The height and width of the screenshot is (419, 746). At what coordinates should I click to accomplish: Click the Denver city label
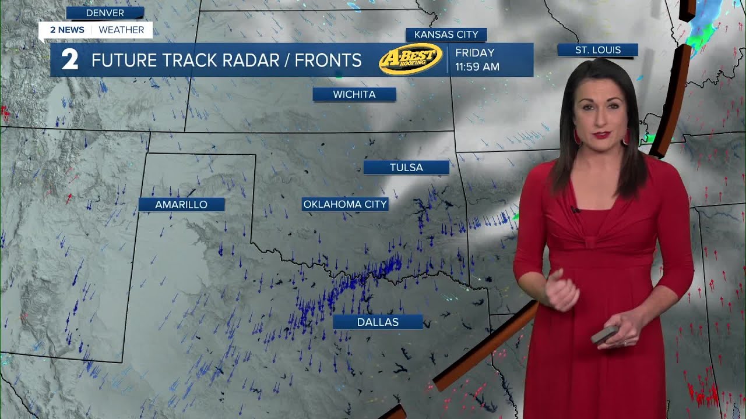[x=105, y=13]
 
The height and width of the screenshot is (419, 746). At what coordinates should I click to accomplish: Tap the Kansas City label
[x=446, y=35]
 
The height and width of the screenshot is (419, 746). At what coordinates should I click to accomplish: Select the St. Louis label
[x=598, y=50]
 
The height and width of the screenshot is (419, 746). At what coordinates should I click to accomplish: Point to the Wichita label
[x=354, y=94]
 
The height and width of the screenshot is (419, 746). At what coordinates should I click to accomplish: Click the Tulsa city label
[x=406, y=168]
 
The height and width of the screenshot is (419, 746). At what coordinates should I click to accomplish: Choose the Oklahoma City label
[x=345, y=204]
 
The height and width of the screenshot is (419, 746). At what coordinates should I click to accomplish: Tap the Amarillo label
[x=181, y=205]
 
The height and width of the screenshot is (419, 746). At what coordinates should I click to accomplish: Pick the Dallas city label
[x=378, y=322]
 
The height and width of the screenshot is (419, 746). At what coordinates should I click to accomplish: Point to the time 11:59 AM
[x=477, y=67]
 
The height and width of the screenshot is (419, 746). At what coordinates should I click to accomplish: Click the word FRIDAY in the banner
[x=474, y=53]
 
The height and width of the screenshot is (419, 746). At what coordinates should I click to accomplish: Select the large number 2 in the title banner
[x=69, y=61]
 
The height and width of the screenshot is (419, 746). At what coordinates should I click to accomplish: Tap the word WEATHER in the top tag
[x=121, y=30]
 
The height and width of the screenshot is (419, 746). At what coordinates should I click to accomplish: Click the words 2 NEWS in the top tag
[x=67, y=30]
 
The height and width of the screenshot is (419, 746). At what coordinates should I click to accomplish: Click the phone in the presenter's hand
[x=604, y=335]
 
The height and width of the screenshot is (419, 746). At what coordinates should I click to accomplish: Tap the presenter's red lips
[x=602, y=135]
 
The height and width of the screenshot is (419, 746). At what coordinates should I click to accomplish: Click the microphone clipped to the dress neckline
[x=575, y=210]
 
